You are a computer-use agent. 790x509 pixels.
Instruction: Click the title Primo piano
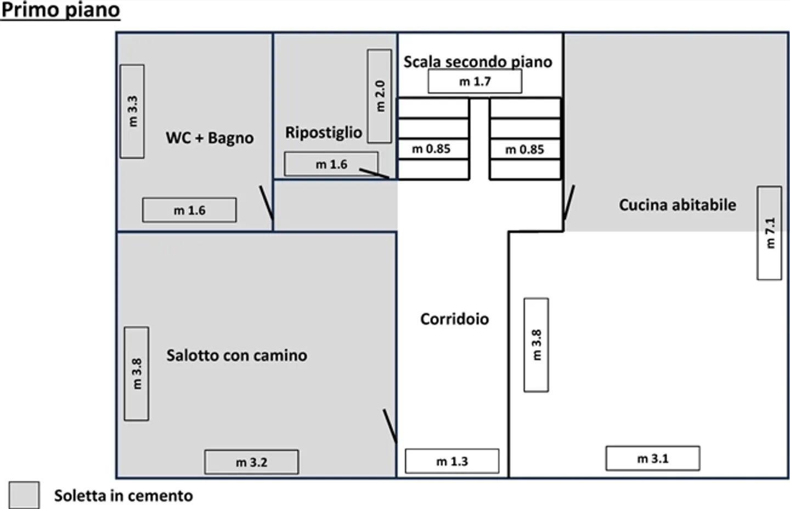[60, 10]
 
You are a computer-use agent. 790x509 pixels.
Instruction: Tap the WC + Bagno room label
[210, 138]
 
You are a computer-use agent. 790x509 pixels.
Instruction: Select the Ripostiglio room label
[323, 133]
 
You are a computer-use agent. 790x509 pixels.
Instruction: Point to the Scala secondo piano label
[477, 62]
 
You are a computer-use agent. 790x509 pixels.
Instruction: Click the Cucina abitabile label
[677, 205]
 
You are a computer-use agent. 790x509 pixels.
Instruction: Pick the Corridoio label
[454, 319]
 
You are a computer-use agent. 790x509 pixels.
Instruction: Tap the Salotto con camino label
[236, 355]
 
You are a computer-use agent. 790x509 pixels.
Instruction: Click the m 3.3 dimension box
[132, 111]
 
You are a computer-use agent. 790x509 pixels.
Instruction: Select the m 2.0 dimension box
[379, 96]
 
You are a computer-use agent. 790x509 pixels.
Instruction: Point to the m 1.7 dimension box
[475, 82]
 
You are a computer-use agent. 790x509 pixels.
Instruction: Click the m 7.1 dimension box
[769, 233]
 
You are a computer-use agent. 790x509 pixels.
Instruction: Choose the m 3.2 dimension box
[251, 462]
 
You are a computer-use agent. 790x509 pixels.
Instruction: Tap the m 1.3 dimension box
[452, 461]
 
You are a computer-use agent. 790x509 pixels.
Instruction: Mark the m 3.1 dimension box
[652, 459]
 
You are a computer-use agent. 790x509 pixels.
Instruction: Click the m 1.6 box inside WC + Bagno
[189, 210]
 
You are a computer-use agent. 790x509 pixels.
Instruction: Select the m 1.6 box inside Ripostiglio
[331, 164]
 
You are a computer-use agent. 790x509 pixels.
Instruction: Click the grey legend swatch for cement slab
[24, 495]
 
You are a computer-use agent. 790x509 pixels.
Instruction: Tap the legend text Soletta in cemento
[123, 496]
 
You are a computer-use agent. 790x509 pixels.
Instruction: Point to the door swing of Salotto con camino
[390, 426]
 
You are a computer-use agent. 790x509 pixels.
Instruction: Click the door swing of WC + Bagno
[266, 202]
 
